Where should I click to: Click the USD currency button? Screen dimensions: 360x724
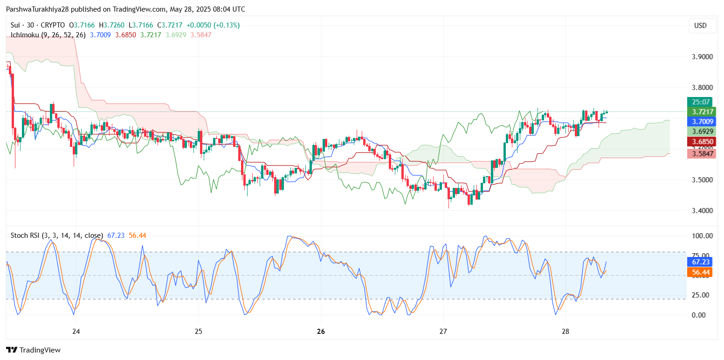point(700,26)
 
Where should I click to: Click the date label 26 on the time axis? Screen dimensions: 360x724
point(321,332)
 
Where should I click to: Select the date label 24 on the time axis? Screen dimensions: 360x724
point(76,332)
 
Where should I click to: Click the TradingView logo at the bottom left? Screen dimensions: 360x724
point(33,350)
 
